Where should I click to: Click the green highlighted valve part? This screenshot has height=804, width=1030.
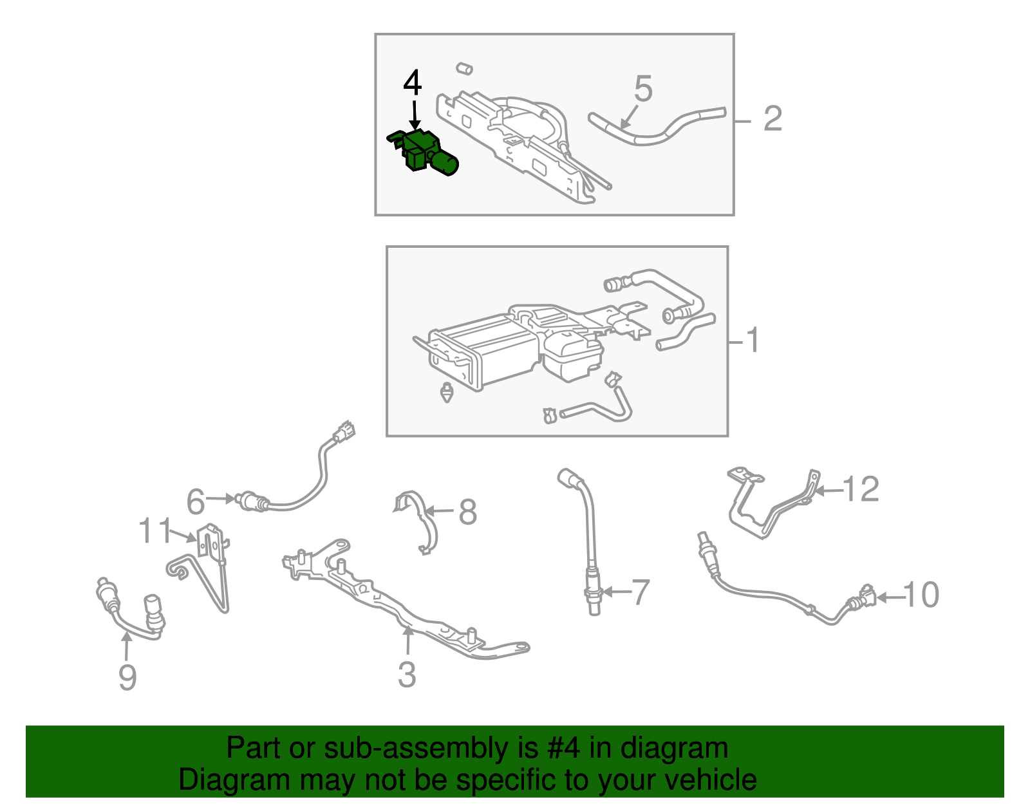424,153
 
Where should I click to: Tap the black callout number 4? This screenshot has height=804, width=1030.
413,83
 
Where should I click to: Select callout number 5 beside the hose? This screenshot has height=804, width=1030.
643,88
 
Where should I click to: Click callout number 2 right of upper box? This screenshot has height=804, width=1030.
772,118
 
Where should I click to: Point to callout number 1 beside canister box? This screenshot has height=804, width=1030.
753,340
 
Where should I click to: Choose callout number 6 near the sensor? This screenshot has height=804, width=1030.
195,501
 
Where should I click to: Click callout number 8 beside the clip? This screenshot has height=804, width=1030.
468,512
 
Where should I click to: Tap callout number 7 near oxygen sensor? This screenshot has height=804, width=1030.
641,592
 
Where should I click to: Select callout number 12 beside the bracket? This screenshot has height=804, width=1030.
861,489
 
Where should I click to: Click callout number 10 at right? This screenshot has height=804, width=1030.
921,595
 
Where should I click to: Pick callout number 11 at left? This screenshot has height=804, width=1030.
154,530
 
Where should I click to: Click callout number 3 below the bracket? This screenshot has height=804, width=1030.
407,675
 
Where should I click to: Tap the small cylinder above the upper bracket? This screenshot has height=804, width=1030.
465,69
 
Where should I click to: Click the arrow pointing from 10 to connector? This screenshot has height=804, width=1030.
889,598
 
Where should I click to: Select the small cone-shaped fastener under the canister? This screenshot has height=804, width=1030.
447,392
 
